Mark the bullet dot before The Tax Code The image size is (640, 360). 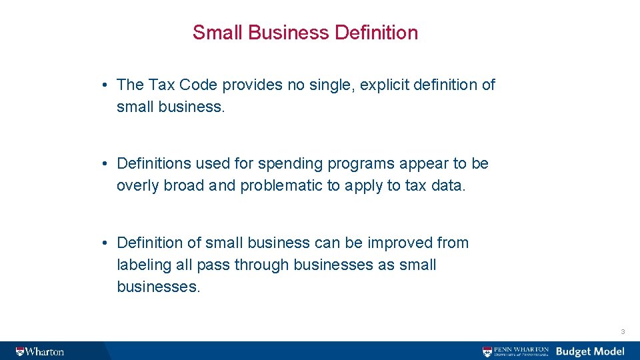coord(106,85)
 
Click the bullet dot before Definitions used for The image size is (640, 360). coord(106,164)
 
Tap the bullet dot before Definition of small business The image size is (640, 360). coord(106,243)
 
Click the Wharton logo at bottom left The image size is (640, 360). coord(41,351)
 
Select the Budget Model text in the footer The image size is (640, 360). coord(590,351)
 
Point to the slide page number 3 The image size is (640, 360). coord(622,331)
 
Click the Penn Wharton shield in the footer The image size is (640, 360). coord(488,351)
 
